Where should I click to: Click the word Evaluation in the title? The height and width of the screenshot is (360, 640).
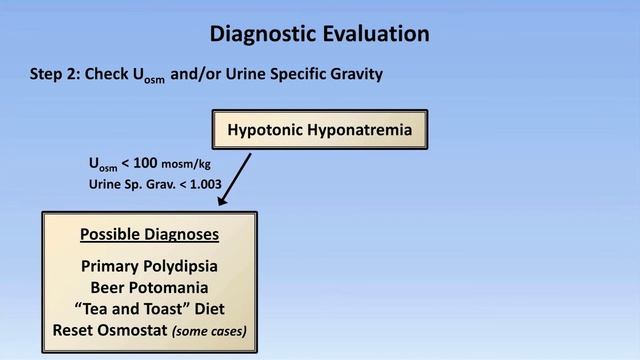(374, 33)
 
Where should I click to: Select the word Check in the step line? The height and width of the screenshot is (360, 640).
(106, 74)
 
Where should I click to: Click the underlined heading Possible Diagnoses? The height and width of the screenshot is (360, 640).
(149, 236)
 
